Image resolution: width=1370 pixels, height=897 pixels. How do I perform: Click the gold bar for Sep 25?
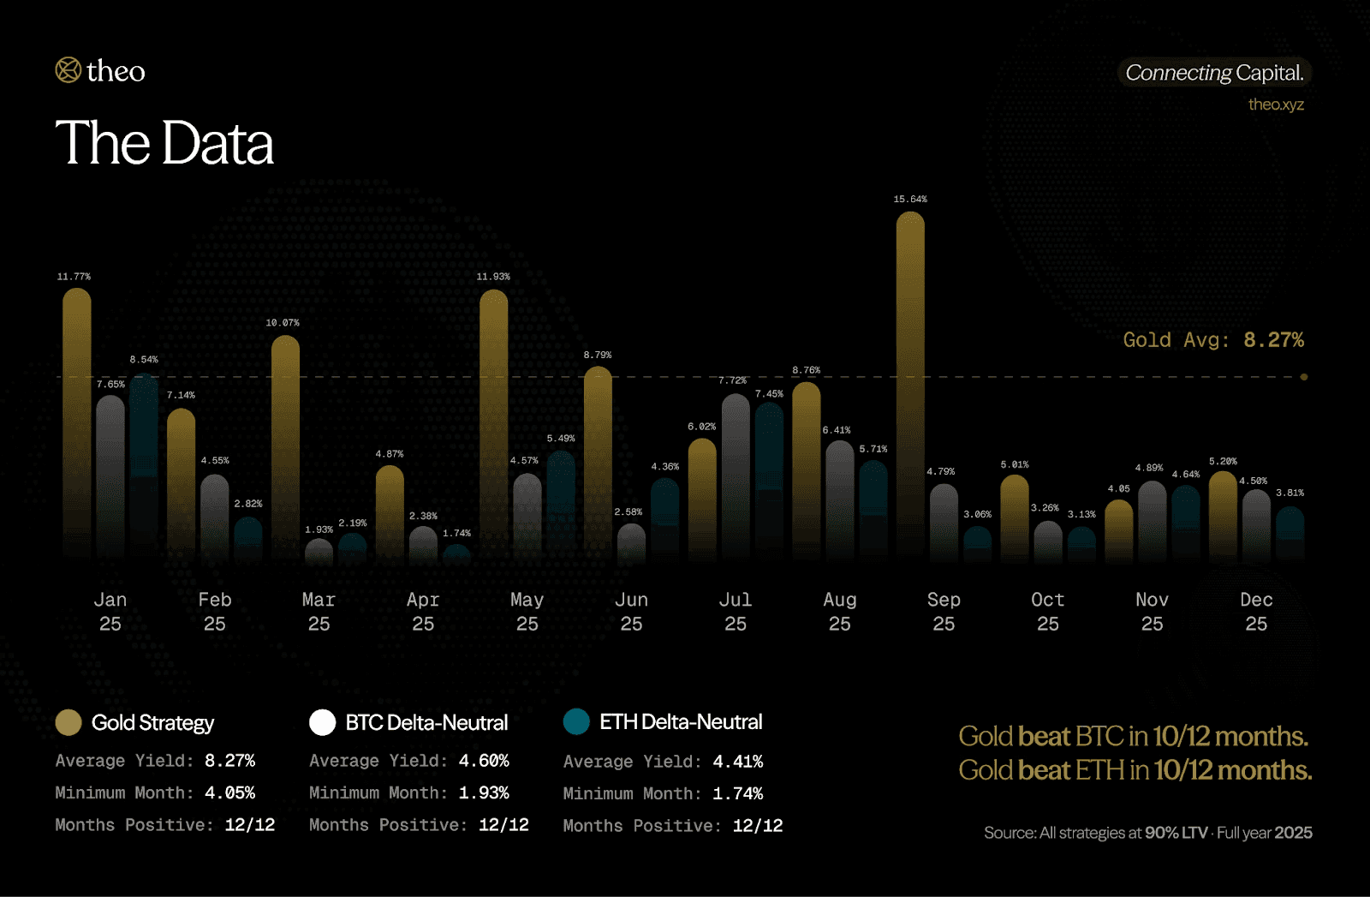910,386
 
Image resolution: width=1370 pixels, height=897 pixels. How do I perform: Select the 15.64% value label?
910,200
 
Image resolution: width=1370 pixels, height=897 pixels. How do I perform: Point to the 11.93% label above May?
493,277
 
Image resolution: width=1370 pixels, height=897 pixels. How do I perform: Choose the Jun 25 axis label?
631,612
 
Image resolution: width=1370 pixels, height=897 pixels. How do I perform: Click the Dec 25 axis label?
1256,612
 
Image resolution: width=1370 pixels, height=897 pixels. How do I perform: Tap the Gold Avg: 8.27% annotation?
1213,340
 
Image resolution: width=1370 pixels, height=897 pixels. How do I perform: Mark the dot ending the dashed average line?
1304,377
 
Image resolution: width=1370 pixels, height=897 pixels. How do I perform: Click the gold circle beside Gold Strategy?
68,722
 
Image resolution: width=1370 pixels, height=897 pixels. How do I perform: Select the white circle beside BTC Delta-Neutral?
322,722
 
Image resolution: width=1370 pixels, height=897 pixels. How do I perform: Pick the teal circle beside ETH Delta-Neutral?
576,721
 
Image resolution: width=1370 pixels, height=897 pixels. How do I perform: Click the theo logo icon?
68,70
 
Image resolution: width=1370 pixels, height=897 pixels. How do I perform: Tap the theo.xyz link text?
1276,105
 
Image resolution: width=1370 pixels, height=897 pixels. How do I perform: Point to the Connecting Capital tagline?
1214,73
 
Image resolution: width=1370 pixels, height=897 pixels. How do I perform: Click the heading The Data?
164,143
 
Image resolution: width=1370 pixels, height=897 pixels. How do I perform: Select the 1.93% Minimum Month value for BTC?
484,793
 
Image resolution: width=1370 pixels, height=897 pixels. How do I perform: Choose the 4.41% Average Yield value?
737,762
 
